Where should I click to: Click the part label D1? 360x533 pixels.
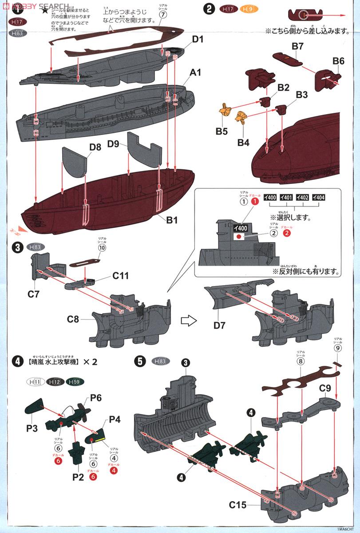(198, 40)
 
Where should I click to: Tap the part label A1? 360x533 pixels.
(196, 72)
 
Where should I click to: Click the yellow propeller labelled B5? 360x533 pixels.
(226, 108)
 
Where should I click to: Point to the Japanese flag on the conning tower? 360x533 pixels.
(240, 237)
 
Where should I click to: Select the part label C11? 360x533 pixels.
(120, 276)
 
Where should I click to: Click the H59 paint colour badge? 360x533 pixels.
(74, 382)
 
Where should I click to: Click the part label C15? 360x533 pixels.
(238, 505)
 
